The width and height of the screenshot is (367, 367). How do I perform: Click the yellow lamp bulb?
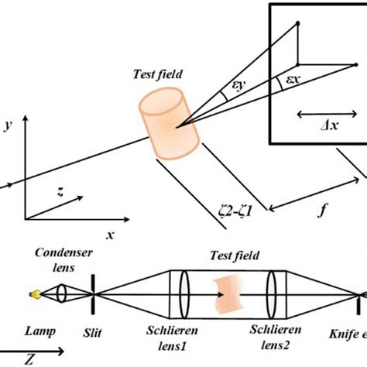click(x=34, y=294)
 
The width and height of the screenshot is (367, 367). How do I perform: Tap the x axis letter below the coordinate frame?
click(x=110, y=233)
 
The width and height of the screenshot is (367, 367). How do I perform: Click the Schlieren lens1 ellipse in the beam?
click(x=184, y=293)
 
